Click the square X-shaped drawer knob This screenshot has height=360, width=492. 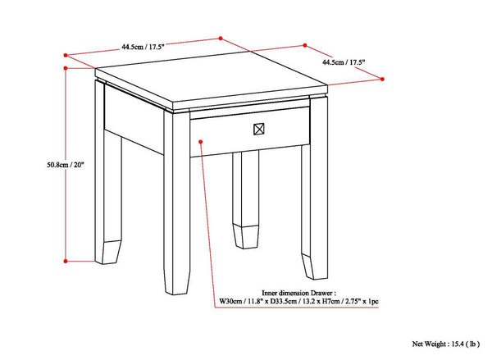pos(258,129)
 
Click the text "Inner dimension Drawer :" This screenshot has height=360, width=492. pos(298,292)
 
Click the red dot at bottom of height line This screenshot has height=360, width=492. pos(66,261)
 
